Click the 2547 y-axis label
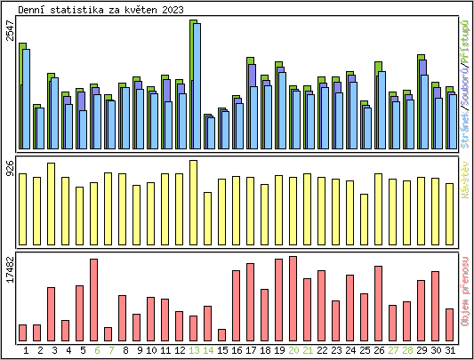(10, 31)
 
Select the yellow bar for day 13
(194, 201)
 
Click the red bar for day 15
(221, 335)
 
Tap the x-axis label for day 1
(26, 351)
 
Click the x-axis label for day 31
(450, 351)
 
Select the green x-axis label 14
(207, 351)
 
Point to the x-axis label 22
(322, 351)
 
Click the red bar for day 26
(378, 303)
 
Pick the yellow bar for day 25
(364, 218)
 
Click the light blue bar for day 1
(27, 99)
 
